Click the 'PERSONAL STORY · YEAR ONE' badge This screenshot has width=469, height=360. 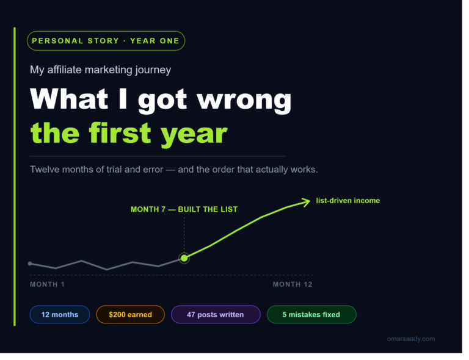(106, 41)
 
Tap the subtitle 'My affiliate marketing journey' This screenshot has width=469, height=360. (101, 70)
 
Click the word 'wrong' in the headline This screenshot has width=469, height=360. (244, 100)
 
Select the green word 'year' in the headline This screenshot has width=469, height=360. (194, 133)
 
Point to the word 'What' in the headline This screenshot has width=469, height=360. (69, 99)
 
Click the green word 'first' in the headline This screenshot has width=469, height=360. (120, 132)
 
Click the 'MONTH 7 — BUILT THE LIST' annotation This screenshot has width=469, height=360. (184, 209)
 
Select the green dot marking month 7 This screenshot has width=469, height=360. (184, 258)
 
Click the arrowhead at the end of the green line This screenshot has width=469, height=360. (307, 202)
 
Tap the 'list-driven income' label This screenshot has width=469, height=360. (348, 201)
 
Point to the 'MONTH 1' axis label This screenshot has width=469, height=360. (47, 284)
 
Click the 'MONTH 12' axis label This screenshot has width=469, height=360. (293, 284)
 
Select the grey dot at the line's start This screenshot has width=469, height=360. (30, 264)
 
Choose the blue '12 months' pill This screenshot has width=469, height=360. (60, 315)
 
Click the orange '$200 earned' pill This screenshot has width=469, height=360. (131, 315)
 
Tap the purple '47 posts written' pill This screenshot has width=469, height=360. (216, 315)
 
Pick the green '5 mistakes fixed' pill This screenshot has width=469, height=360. (311, 315)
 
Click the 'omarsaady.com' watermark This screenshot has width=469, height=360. (411, 339)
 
